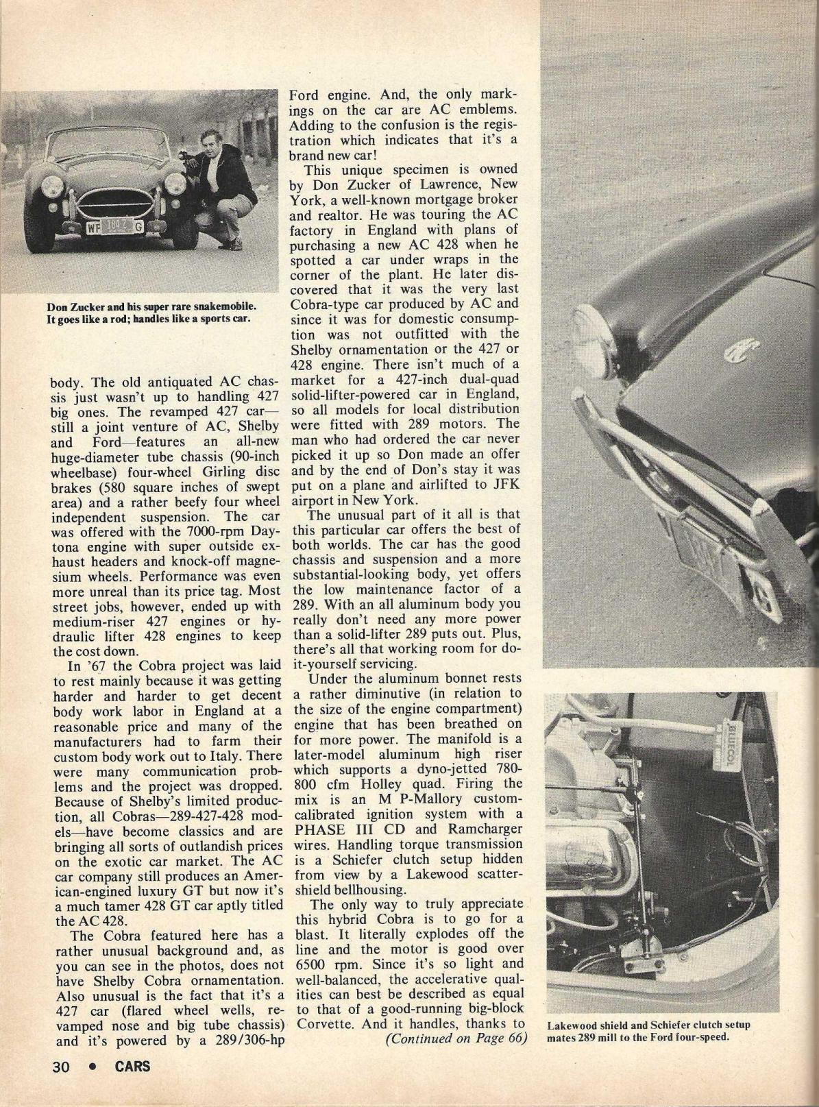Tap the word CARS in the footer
(132, 1066)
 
